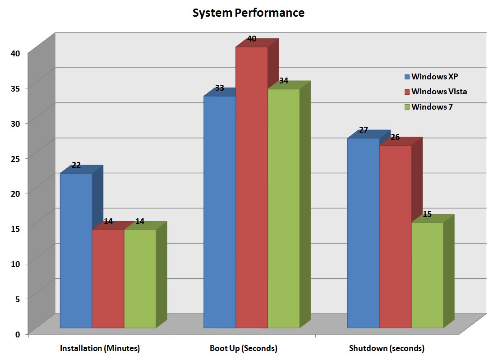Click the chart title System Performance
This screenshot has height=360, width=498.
[x=248, y=13]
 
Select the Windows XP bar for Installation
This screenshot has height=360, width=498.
[x=76, y=250]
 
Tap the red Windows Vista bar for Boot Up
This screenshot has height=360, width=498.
[x=252, y=187]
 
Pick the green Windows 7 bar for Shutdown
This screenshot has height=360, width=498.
[x=427, y=275]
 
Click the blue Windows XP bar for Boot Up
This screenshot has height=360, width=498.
[x=220, y=212]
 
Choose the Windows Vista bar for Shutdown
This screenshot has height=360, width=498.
[x=395, y=236]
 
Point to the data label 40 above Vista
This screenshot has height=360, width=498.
[x=252, y=39]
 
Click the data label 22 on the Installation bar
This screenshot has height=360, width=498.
[x=76, y=165]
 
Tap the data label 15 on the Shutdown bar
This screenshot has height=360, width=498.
[x=427, y=214]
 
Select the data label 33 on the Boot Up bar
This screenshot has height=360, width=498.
[x=220, y=88]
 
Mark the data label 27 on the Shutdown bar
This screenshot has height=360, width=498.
[x=364, y=130]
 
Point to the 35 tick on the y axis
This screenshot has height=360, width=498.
[x=15, y=88]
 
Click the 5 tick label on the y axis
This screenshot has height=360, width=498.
[x=18, y=299]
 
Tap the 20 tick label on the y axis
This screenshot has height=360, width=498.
[x=15, y=193]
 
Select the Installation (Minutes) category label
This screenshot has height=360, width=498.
[x=100, y=348]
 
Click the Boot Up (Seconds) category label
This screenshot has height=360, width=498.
[x=244, y=348]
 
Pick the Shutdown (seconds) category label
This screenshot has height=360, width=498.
[x=387, y=348]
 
